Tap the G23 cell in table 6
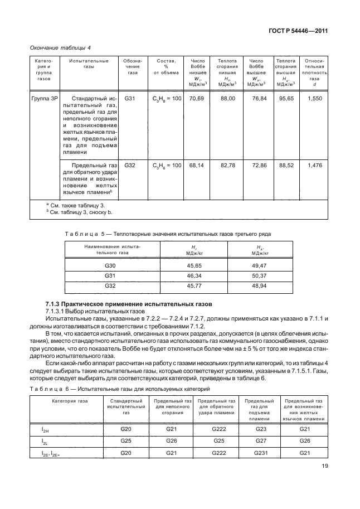[x=260, y=429]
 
